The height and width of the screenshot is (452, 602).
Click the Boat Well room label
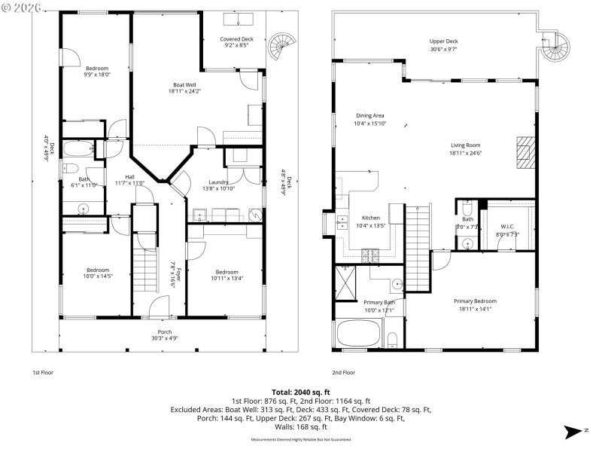(184, 87)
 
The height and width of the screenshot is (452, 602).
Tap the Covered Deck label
(236, 42)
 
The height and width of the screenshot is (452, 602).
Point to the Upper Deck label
(443, 44)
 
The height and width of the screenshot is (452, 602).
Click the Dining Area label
(370, 119)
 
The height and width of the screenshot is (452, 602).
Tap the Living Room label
(465, 149)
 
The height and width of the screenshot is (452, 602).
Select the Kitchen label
(370, 221)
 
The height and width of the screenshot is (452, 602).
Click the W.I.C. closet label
(507, 231)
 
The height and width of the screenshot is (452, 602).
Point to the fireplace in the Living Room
(525, 152)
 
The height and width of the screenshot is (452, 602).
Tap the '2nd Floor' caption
(343, 372)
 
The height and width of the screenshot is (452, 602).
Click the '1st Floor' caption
(43, 372)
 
